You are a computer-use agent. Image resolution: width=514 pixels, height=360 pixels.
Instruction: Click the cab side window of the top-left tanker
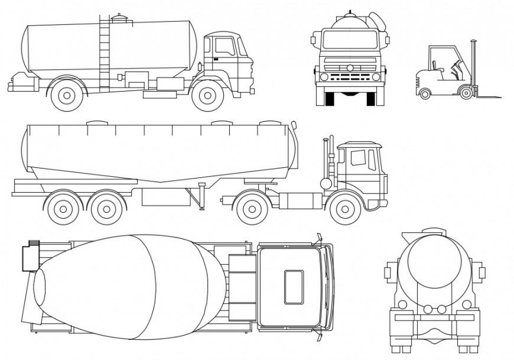[x=224, y=46]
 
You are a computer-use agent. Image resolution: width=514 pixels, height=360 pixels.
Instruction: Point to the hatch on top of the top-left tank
[x=119, y=18]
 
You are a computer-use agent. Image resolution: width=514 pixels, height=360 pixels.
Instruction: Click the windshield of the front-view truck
[x=350, y=40]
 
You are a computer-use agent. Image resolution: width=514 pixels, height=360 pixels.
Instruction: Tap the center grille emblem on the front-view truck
[x=350, y=68]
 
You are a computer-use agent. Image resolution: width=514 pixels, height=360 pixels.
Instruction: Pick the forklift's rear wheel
[x=425, y=92]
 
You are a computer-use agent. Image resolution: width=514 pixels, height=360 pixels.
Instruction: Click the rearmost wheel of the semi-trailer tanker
[x=61, y=208]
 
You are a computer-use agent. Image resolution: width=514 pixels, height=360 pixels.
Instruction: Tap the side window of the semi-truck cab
[x=358, y=158]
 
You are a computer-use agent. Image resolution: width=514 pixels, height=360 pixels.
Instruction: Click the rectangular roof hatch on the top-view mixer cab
[x=294, y=287]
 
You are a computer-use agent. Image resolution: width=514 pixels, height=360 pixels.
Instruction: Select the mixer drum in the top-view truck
[x=130, y=287]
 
